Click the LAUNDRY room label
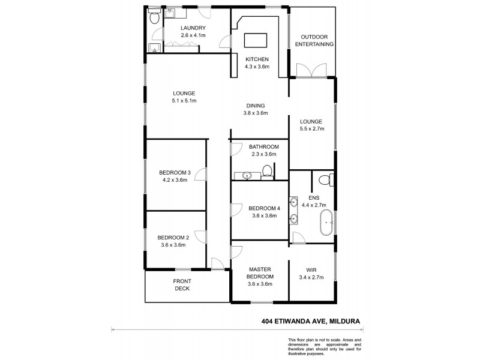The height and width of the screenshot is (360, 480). pos(193,28)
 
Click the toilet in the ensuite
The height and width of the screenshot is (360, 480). pos(325,179)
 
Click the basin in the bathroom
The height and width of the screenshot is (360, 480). pos(247,176)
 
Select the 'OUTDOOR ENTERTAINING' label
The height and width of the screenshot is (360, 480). pos(313,40)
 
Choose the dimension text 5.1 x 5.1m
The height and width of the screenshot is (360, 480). pos(185,101)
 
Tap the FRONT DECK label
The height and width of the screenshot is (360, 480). pos(182,284)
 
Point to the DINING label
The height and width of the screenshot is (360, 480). pos(254,106)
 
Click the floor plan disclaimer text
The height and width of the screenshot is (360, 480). pos(324,347)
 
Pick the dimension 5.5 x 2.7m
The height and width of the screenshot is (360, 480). pos(311,128)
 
